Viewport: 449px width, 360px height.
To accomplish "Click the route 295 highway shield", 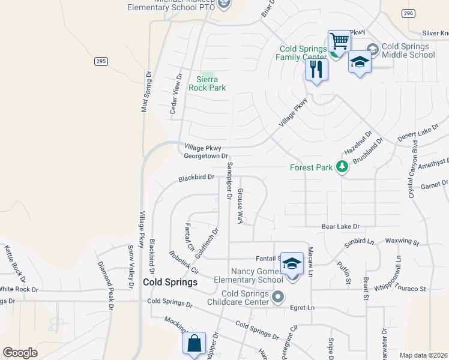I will [101, 61].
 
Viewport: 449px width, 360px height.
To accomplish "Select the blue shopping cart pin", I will [339, 43].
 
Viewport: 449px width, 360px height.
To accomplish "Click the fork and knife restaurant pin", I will [316, 69].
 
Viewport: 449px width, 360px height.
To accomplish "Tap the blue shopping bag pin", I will [194, 344].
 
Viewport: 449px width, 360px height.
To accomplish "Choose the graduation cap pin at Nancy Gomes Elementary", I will [292, 264].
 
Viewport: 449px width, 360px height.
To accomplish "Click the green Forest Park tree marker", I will [342, 167].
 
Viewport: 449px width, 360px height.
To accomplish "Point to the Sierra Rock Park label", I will [207, 83].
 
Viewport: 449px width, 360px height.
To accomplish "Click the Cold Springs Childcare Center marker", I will [278, 296].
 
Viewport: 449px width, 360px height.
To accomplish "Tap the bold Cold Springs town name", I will [170, 282].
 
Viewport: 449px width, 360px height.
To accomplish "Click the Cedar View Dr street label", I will [175, 94].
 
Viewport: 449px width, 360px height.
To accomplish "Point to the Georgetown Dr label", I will [206, 156].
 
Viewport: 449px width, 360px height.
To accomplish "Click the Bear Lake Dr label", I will [340, 227].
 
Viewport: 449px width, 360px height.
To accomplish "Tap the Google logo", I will [20, 352].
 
